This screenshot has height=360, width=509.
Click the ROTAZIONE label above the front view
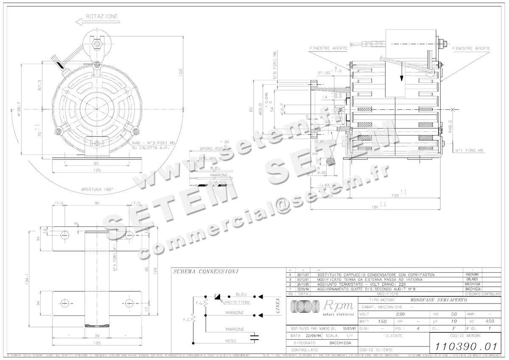(x=102, y=16)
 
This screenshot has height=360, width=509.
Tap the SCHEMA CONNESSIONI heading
(x=206, y=271)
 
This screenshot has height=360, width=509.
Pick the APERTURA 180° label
(x=97, y=190)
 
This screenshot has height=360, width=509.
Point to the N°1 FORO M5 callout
(x=470, y=151)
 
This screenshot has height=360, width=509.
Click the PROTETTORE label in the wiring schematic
(x=238, y=302)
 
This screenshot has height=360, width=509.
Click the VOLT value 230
(x=400, y=314)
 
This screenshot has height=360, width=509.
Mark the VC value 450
(x=490, y=321)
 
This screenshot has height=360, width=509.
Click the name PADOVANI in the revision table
(x=473, y=275)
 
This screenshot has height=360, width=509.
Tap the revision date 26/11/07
(x=303, y=275)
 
